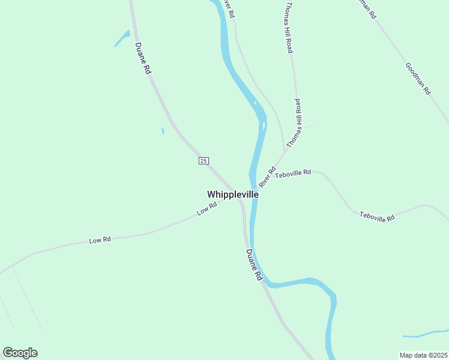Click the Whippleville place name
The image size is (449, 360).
(x=233, y=194)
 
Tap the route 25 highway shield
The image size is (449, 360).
(x=203, y=161)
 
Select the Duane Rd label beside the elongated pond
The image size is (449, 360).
(x=143, y=58)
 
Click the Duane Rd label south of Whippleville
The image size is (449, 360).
(x=254, y=265)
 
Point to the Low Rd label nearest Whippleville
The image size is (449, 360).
(x=206, y=209)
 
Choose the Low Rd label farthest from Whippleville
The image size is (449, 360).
(x=100, y=240)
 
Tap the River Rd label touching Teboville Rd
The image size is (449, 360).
(x=267, y=177)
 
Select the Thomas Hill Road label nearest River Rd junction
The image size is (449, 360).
(x=293, y=124)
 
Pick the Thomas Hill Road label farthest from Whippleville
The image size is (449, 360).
(x=289, y=27)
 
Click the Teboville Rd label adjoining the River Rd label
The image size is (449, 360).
(x=293, y=172)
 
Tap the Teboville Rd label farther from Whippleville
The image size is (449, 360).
(x=377, y=217)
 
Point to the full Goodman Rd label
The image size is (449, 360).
(x=418, y=79)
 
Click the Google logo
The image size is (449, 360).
(x=20, y=353)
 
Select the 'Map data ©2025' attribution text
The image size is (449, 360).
(x=424, y=355)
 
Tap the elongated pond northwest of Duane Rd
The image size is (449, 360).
(x=122, y=38)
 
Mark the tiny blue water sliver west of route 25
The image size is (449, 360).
(x=163, y=131)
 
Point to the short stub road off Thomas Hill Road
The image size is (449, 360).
(x=307, y=127)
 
